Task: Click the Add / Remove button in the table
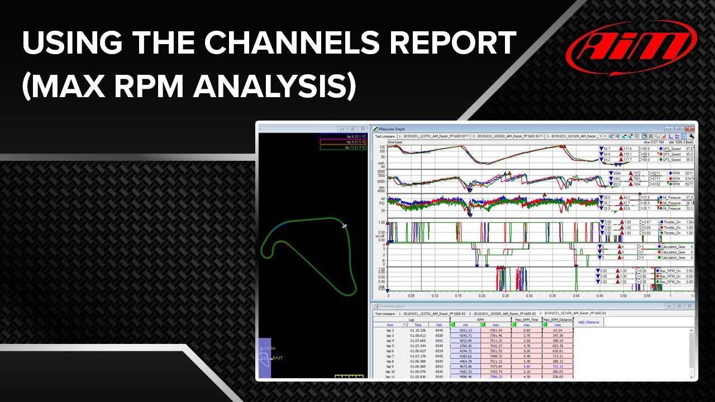click(x=589, y=322)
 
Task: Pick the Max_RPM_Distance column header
click(x=557, y=319)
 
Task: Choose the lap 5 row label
click(x=390, y=346)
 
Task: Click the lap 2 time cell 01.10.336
click(x=417, y=330)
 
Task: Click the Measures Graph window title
click(x=392, y=128)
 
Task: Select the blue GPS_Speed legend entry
click(x=676, y=149)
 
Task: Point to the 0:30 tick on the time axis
click(x=529, y=296)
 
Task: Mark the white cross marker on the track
click(x=345, y=226)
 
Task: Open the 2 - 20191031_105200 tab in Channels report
click(x=503, y=313)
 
